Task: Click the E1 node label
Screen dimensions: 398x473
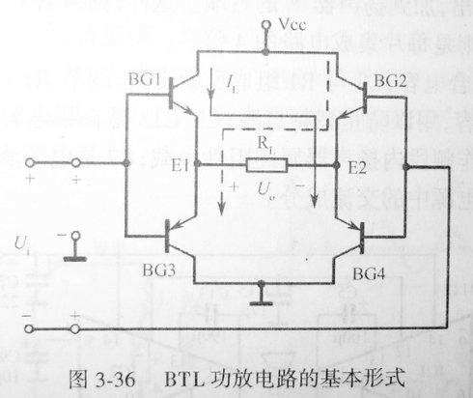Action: (178, 165)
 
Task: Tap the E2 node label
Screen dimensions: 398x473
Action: (357, 165)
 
